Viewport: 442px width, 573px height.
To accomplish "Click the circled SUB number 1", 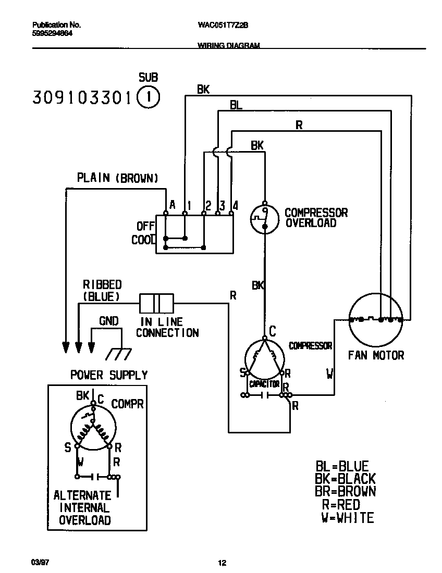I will (x=149, y=97).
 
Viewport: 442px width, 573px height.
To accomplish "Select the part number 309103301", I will (x=83, y=97).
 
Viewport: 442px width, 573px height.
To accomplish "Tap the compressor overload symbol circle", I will (x=264, y=217).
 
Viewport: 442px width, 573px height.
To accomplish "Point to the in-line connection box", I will (x=156, y=303).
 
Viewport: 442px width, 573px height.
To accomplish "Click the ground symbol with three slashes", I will (x=117, y=354).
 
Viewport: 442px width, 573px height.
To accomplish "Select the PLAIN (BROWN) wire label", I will (x=117, y=178).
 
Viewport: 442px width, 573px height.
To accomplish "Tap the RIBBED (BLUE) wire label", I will (x=102, y=291).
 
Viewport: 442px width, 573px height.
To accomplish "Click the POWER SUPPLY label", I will (x=109, y=375).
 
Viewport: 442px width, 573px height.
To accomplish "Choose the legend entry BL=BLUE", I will (x=342, y=466).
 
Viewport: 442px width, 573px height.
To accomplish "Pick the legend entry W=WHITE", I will (x=347, y=518).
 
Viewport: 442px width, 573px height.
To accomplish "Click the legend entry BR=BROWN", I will (x=345, y=491).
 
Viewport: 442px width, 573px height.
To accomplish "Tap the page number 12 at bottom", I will (x=222, y=563).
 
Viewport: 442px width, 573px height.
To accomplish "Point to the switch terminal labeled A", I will (x=165, y=213).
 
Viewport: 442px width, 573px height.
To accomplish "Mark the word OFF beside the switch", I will (x=145, y=227).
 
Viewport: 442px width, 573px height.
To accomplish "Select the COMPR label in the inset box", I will (x=127, y=404).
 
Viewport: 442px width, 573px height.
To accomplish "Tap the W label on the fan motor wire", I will (x=329, y=373).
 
